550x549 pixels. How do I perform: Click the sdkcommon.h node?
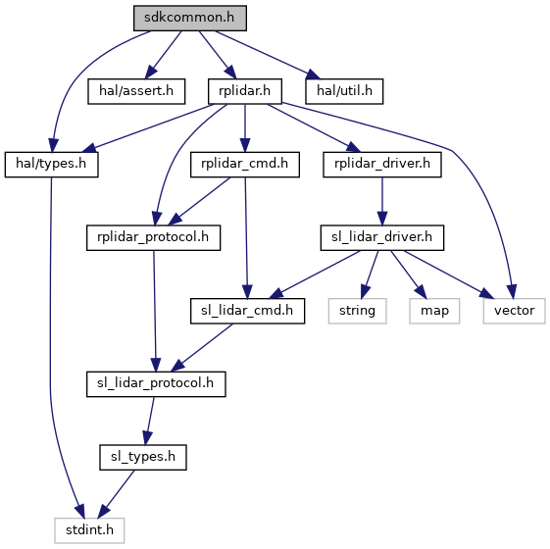[190, 18]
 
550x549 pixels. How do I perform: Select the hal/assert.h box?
[136, 91]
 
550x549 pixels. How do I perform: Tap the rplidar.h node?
[245, 91]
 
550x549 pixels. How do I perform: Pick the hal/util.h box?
[344, 91]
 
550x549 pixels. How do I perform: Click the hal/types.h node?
[51, 164]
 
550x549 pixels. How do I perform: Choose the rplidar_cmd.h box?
[245, 164]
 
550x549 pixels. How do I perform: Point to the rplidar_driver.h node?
[382, 164]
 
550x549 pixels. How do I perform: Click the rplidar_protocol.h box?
[153, 237]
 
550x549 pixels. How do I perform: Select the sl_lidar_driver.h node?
[382, 237]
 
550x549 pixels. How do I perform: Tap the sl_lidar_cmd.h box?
[247, 311]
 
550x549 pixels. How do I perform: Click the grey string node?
[358, 311]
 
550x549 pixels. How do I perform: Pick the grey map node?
[434, 311]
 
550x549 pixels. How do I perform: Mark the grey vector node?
[515, 311]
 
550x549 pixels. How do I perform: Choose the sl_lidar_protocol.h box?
[156, 383]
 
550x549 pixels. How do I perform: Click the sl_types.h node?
[143, 457]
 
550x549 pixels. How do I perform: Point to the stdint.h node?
[89, 530]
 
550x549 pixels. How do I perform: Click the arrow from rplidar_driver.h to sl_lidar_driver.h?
[382, 201]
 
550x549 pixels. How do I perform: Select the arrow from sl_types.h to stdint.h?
[116, 494]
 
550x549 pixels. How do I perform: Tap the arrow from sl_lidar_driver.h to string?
[370, 274]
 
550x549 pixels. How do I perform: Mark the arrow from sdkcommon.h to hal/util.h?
[268, 55]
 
